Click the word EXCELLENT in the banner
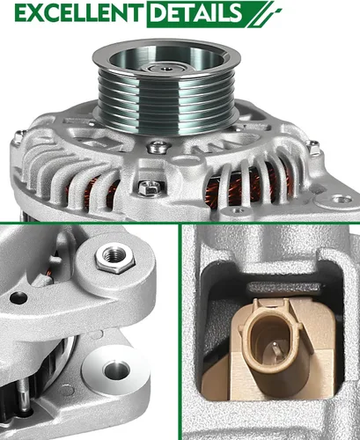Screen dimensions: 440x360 pyautogui.click(x=72, y=14)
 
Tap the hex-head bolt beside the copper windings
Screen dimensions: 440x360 pyautogui.click(x=151, y=187)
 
